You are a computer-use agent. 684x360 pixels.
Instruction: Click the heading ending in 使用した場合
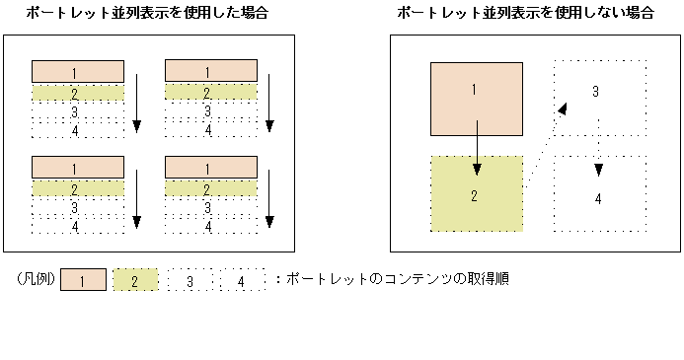point(147,14)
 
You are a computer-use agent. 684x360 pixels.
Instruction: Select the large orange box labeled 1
point(476,99)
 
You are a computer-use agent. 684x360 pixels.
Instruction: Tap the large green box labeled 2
point(476,193)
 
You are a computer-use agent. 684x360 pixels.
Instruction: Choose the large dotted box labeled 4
point(598,194)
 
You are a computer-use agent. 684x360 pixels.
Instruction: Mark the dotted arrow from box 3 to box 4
point(598,156)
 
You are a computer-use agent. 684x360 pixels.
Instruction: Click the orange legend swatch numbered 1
point(83,282)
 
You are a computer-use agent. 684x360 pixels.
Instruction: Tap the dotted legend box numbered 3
point(190,282)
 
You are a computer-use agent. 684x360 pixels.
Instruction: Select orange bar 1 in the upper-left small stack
point(78,71)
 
